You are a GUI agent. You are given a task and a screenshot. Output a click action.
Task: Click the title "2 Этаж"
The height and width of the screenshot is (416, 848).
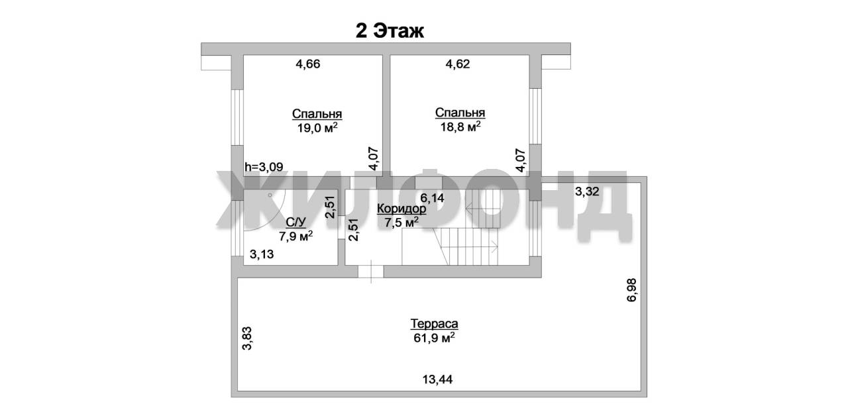(390, 30)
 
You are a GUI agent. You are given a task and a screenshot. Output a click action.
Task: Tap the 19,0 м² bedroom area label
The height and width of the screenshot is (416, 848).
(317, 128)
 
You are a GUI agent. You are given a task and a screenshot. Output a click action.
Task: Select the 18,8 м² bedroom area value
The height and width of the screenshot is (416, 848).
(460, 127)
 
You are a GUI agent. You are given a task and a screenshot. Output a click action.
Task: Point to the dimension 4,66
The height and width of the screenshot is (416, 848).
(308, 64)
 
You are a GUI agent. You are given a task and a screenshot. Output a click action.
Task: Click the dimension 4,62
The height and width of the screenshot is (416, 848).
(458, 64)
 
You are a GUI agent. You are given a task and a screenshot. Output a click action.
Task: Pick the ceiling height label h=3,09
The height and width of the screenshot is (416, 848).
(264, 166)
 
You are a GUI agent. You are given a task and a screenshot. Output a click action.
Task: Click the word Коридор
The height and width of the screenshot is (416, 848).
(401, 209)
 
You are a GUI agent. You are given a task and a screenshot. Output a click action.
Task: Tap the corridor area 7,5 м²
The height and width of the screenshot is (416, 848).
(401, 222)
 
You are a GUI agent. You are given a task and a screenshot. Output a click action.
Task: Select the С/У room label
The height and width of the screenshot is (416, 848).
(295, 222)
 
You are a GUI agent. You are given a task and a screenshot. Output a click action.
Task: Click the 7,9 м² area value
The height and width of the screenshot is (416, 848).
(295, 236)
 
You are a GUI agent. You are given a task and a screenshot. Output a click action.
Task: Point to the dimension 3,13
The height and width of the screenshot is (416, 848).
(262, 254)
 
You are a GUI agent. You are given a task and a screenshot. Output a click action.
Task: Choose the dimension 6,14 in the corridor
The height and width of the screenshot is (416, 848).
(433, 197)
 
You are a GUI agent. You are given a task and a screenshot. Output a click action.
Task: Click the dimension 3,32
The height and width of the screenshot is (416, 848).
(587, 191)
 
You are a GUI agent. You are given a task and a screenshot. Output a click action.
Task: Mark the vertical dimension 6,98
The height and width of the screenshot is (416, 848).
(632, 290)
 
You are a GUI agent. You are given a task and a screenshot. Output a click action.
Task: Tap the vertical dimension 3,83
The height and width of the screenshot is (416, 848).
(247, 338)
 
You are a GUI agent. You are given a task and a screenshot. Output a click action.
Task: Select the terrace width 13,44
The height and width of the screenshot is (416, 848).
(437, 380)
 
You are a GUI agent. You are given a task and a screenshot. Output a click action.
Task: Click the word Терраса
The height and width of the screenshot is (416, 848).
(434, 324)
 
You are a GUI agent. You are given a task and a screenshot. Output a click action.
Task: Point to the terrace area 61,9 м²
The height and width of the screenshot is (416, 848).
(434, 338)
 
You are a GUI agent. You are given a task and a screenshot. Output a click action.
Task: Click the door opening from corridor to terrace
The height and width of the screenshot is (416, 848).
(371, 272)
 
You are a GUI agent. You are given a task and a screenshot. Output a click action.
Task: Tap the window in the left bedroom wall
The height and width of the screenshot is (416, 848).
(237, 117)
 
